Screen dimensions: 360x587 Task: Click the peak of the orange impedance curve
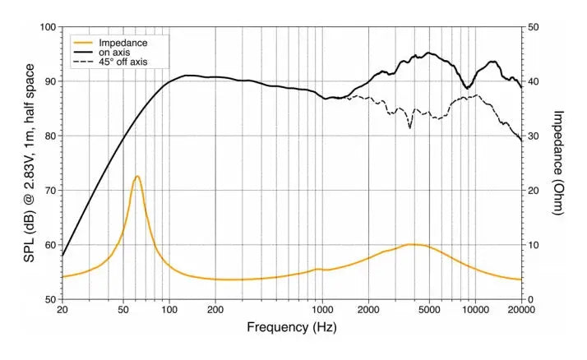coord(137,177)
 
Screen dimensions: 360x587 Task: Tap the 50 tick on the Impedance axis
coord(534,27)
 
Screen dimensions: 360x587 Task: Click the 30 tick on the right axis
coord(534,136)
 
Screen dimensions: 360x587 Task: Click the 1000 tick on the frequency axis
coord(321,311)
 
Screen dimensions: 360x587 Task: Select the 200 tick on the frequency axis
coord(215,311)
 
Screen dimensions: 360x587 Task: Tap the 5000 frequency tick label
coord(429,311)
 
